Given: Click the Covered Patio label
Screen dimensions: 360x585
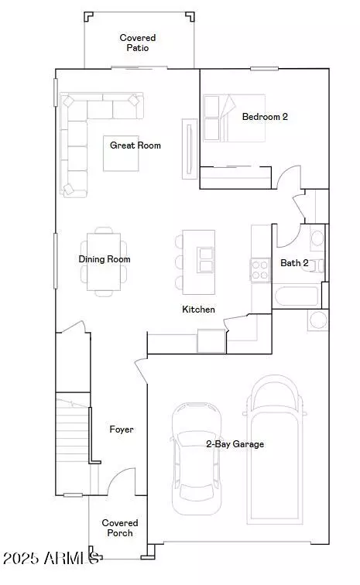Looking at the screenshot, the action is point(138,43).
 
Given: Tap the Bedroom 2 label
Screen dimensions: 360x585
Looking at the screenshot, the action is point(265,117).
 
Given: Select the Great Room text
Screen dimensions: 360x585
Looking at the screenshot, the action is point(135,145).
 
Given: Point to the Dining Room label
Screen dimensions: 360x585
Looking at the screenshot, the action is point(105,259).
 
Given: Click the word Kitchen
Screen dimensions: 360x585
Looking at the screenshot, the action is point(198,310).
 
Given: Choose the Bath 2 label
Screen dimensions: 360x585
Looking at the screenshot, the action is point(294,263).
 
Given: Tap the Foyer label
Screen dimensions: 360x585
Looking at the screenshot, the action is point(122,429).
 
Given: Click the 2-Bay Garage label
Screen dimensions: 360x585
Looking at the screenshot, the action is point(235,444).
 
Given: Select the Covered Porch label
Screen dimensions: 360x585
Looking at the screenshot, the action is point(120,528).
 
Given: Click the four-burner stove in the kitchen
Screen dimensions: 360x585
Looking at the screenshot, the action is point(260,270).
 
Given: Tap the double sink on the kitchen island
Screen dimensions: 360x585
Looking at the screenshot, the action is point(206,260).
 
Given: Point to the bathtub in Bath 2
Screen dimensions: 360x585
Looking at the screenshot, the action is point(297,296).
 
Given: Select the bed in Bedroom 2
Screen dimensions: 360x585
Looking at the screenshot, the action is point(234,118).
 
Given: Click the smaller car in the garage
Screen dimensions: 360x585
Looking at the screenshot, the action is point(197,459).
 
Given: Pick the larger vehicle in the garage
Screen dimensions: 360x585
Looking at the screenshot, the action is point(275,450).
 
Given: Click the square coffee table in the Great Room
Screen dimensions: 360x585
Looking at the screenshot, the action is point(121,153).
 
